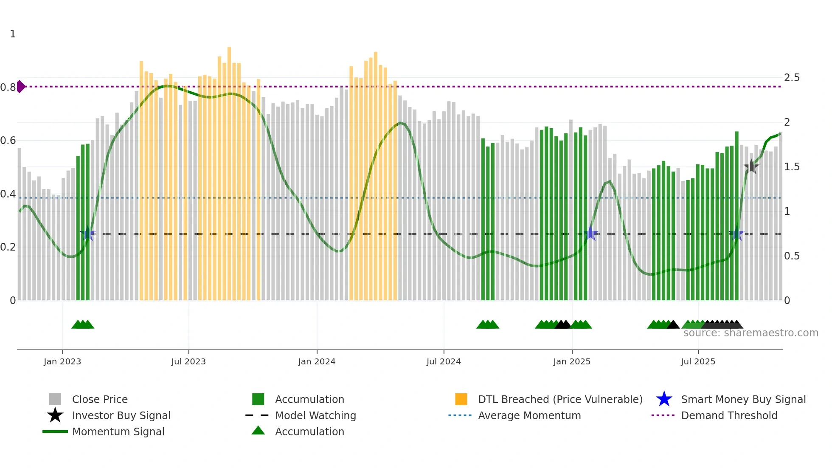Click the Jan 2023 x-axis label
pyautogui.click(x=62, y=361)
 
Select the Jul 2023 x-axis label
pyautogui.click(x=188, y=361)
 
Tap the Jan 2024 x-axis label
pyautogui.click(x=317, y=361)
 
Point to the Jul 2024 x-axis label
pyautogui.click(x=444, y=361)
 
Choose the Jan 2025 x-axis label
pyautogui.click(x=572, y=361)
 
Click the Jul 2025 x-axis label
pyautogui.click(x=698, y=361)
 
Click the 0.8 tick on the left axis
pyautogui.click(x=8, y=87)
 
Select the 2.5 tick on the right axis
pyautogui.click(x=792, y=78)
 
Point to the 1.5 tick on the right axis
pyautogui.click(x=792, y=167)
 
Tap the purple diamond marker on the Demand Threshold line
pyautogui.click(x=21, y=87)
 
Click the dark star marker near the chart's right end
pyautogui.click(x=751, y=167)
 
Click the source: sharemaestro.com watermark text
pyautogui.click(x=750, y=333)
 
